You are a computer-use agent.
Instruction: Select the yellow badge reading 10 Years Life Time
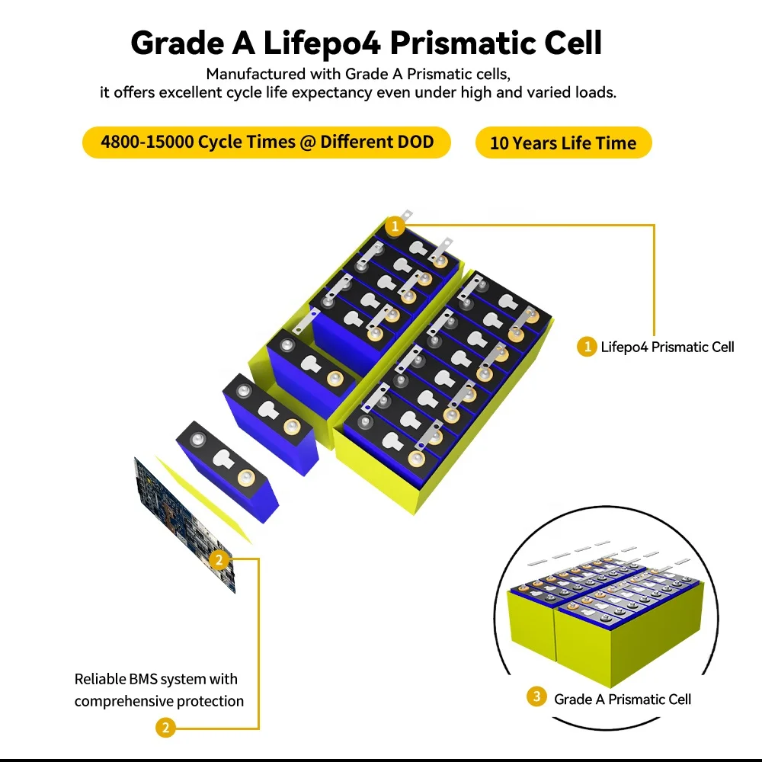click(x=563, y=143)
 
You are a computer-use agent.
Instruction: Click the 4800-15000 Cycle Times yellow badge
click(x=267, y=142)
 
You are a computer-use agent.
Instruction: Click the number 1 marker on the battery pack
click(x=394, y=226)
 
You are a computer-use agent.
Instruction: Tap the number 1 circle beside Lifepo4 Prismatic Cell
click(x=586, y=347)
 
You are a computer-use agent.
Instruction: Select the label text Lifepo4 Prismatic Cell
click(x=668, y=347)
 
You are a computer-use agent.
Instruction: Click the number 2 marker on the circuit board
click(x=219, y=561)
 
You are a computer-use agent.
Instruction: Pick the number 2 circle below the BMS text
click(x=165, y=728)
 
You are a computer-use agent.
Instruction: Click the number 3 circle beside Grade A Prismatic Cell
click(x=536, y=697)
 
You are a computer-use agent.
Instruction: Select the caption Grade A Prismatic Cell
click(x=622, y=699)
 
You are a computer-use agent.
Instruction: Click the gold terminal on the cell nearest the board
click(x=245, y=479)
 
